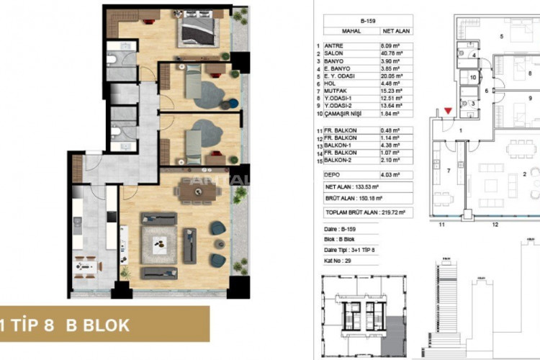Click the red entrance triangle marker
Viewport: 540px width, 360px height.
pos(449,110)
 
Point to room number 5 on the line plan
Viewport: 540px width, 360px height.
pos(502,35)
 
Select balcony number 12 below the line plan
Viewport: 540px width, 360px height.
pos(495,225)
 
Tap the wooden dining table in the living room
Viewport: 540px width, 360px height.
pos(195,192)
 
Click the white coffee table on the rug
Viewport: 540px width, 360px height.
pos(158,246)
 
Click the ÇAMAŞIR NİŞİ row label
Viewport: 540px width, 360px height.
pos(345,114)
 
